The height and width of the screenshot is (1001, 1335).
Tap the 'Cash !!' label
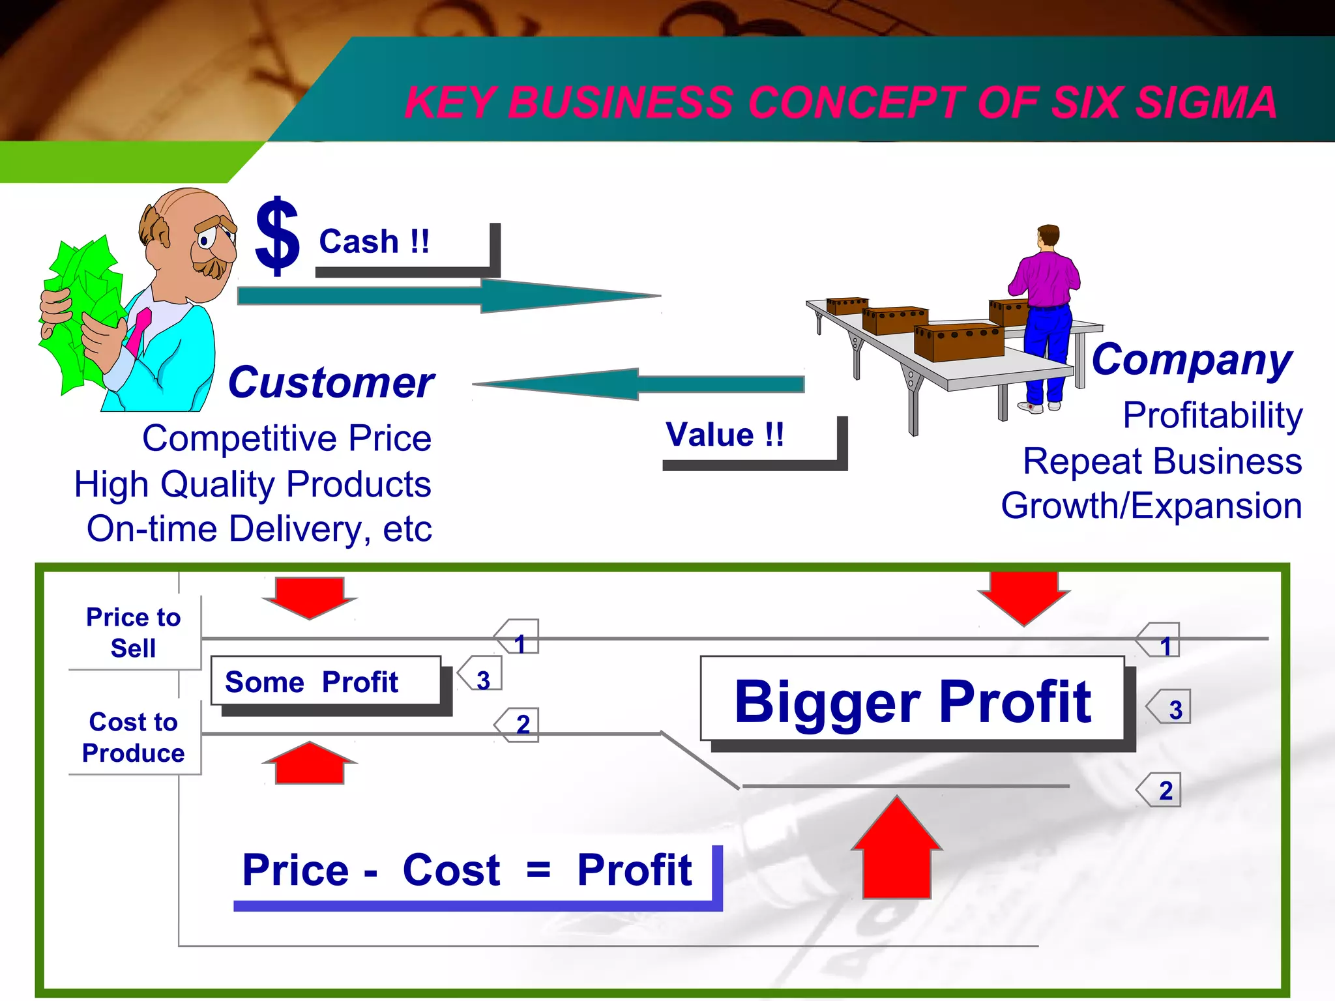pos(374,242)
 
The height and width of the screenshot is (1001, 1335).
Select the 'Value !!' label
pos(724,435)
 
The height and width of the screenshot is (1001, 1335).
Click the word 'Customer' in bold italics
pos(330,383)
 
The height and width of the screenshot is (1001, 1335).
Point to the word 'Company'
pos(1191,360)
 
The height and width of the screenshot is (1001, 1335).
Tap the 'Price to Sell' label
pos(133,632)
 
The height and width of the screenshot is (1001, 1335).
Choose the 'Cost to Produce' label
pos(133,737)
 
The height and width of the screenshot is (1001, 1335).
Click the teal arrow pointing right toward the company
pos(450,296)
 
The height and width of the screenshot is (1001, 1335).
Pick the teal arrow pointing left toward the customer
pos(639,384)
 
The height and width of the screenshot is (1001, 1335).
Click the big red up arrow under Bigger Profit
pos(897,850)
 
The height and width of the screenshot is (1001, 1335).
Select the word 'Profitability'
pos(1212,415)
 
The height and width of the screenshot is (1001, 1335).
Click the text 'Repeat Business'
pos(1162,461)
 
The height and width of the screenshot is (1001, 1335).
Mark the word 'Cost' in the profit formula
pos(451,870)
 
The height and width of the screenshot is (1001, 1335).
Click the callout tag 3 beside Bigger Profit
pos(1170,708)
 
